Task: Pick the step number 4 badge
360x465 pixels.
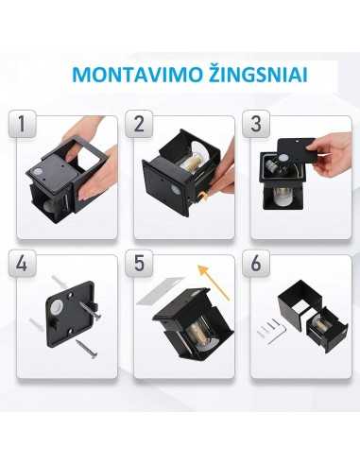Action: [x=26, y=264]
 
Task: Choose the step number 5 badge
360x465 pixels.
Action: [x=144, y=264]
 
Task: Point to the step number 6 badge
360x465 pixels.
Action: [x=256, y=264]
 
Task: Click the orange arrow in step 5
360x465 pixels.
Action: [x=216, y=282]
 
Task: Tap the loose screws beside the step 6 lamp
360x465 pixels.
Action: [x=273, y=330]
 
